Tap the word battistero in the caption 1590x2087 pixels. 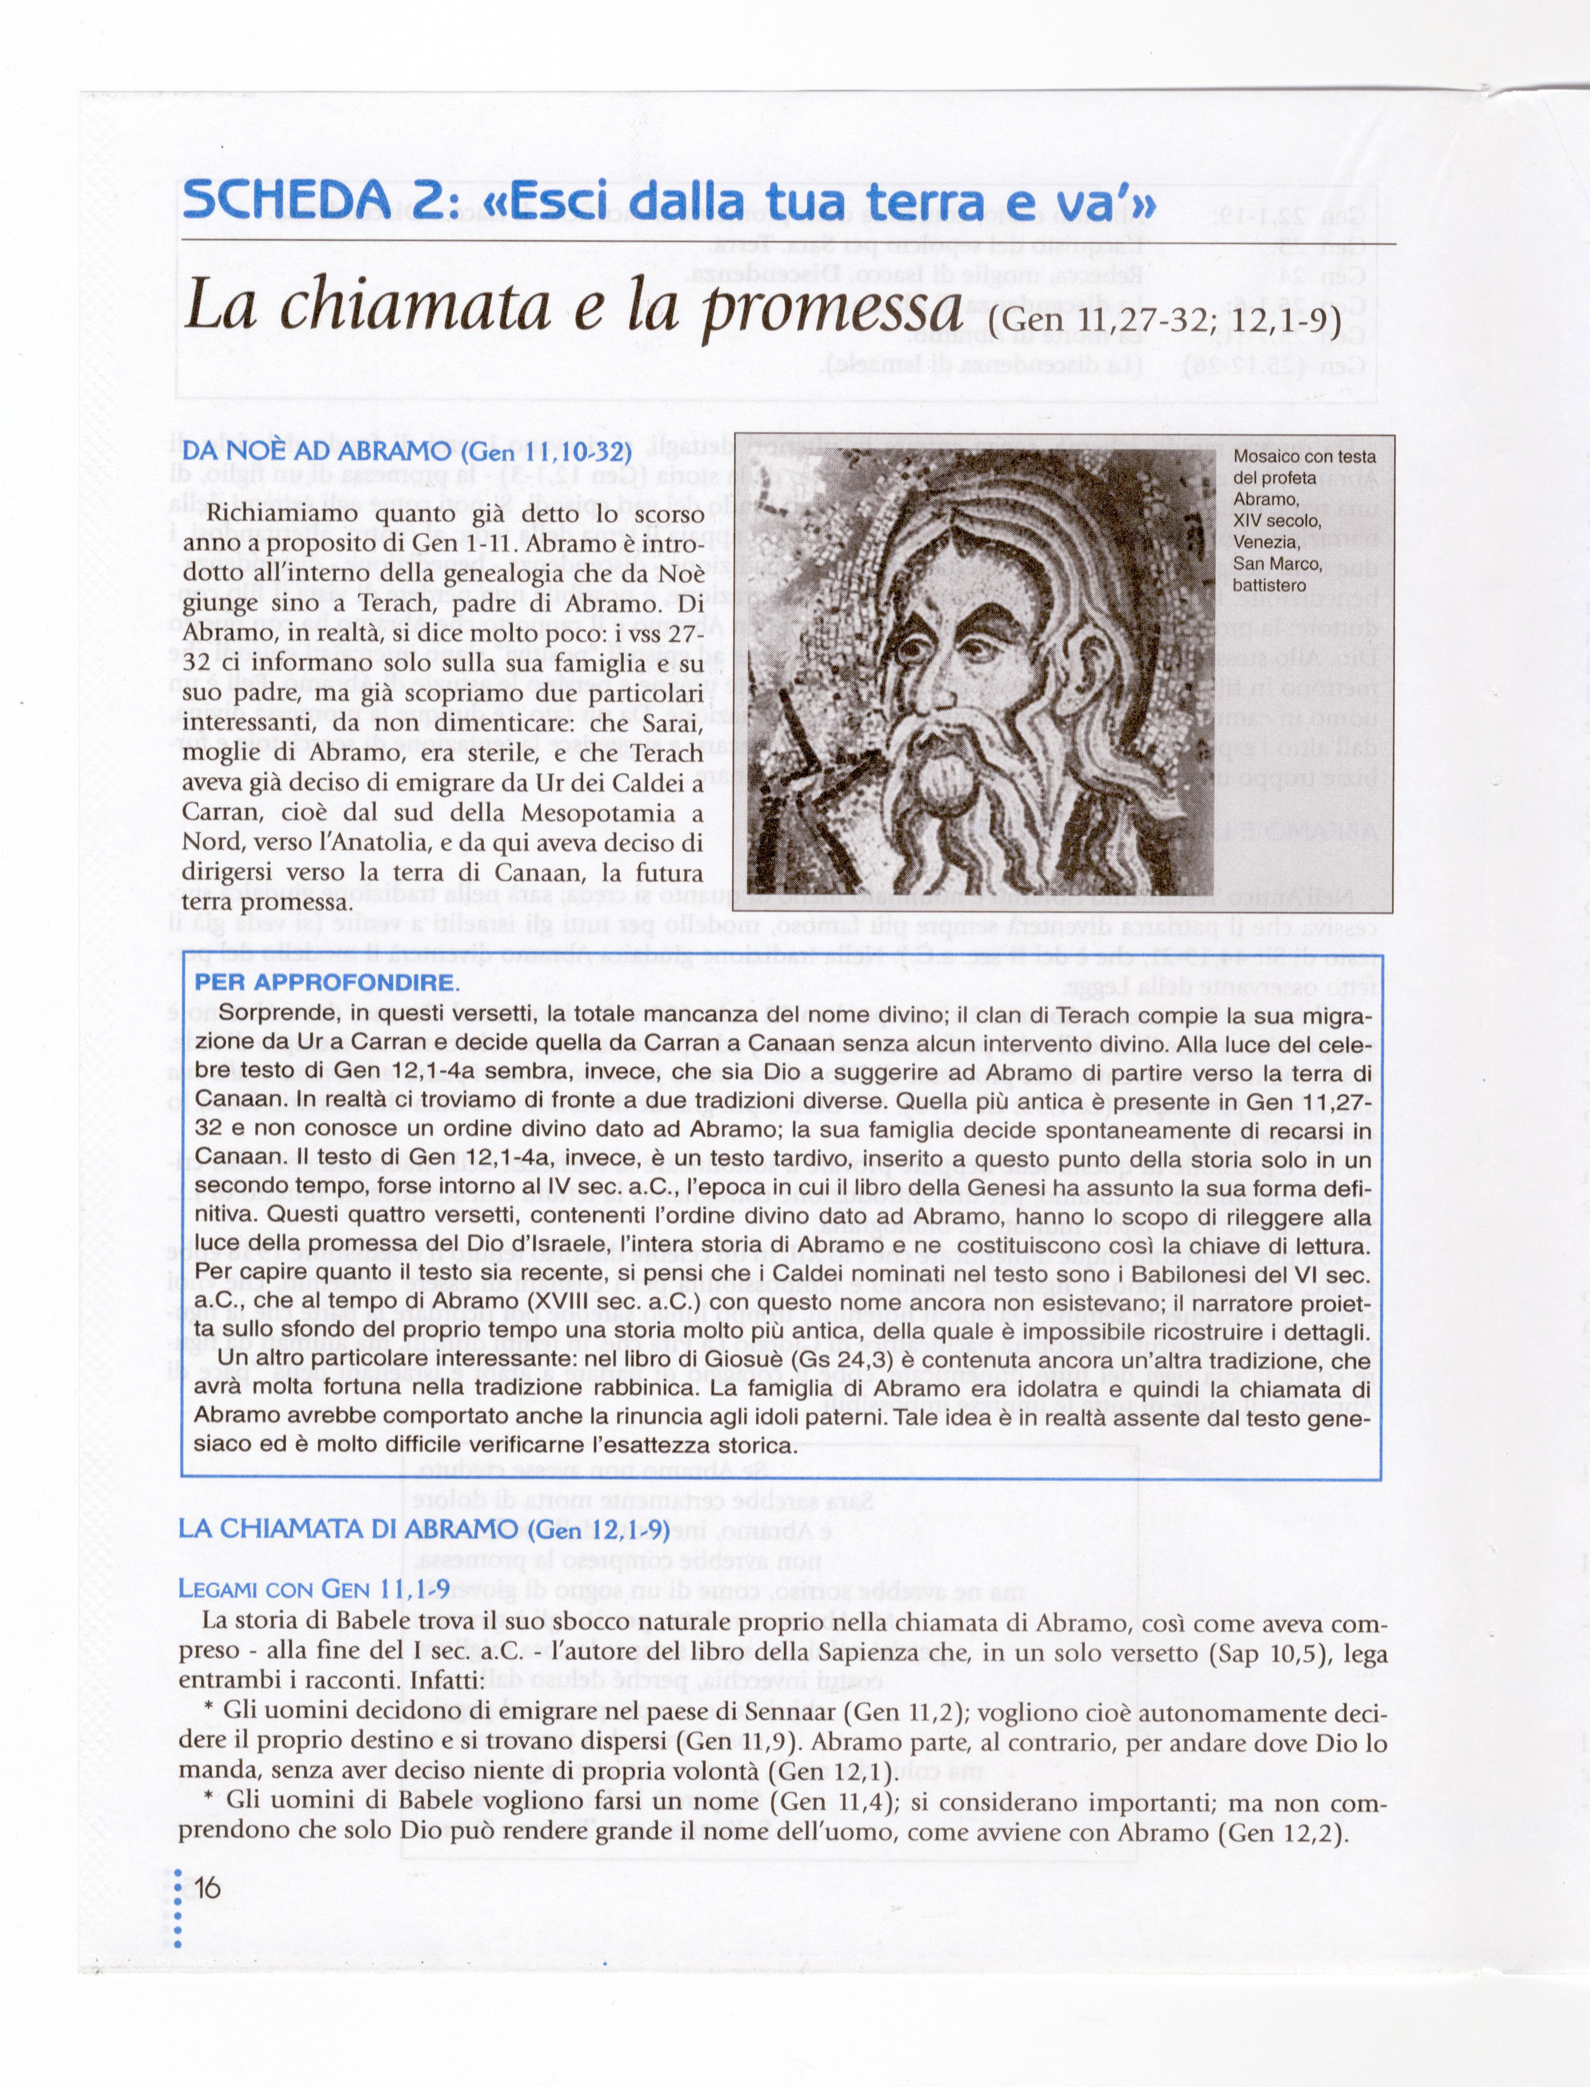pos(1269,586)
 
